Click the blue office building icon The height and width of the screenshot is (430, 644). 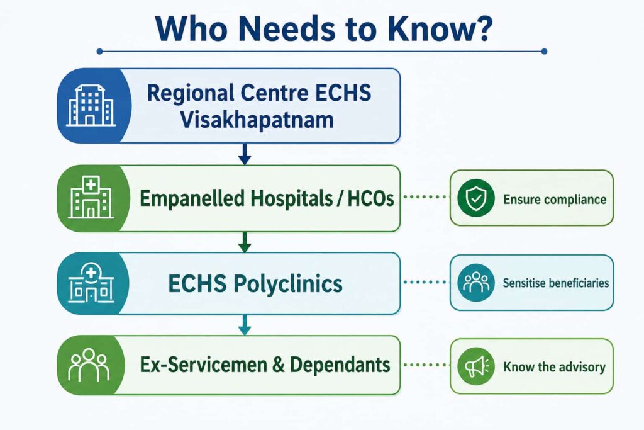(91, 105)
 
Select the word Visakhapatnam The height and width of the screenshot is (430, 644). (257, 120)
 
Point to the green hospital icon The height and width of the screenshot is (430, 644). (91, 197)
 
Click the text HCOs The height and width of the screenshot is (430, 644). (371, 198)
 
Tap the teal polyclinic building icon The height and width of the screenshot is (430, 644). (91, 283)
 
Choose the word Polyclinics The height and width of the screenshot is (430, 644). (288, 285)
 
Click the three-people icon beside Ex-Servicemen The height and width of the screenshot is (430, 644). (89, 365)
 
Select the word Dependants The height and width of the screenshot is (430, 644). (340, 365)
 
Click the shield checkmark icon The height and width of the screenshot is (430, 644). (475, 198)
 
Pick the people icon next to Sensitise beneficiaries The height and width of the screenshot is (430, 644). (475, 283)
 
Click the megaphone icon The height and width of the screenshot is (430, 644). (475, 366)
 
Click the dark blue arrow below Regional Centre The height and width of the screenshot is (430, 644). (245, 154)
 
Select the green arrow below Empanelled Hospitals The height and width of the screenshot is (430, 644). (245, 242)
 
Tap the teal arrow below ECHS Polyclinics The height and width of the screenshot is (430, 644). (245, 325)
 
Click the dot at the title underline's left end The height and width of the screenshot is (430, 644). (99, 52)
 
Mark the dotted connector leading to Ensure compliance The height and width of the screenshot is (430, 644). (425, 197)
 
